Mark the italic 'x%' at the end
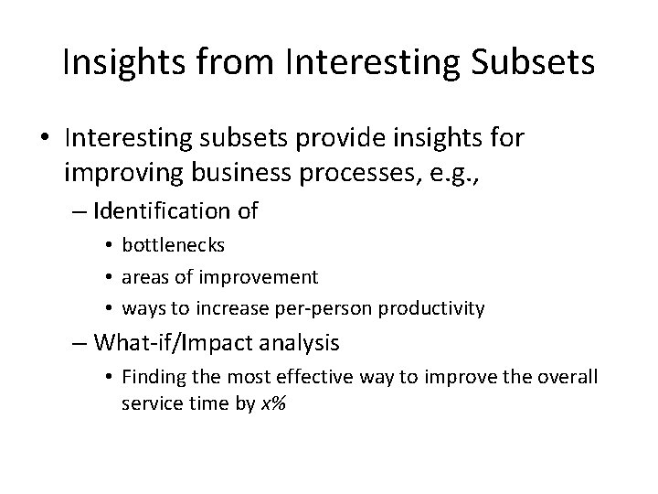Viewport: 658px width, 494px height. (x=274, y=403)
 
